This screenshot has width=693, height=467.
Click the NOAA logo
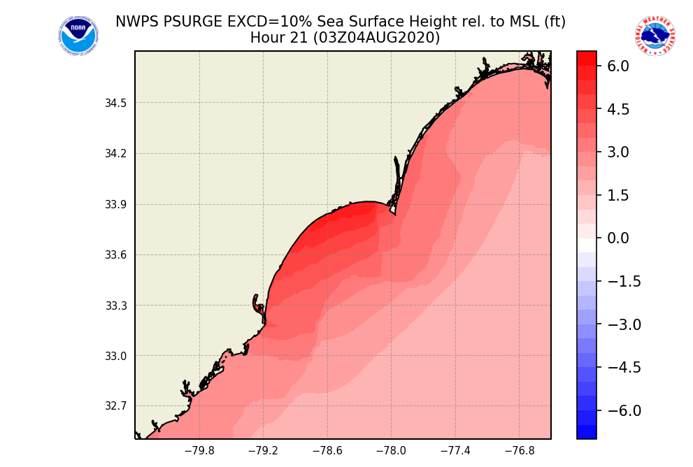click(x=78, y=36)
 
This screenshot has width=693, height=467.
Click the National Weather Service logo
click(x=655, y=36)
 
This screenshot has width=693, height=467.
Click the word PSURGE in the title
click(x=193, y=22)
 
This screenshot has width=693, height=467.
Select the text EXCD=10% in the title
click(x=262, y=22)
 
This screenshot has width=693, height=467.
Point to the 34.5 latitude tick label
click(x=116, y=103)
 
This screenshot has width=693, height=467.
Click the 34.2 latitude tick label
click(x=116, y=154)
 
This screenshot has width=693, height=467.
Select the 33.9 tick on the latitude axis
click(x=116, y=205)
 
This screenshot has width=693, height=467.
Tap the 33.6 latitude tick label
click(x=116, y=255)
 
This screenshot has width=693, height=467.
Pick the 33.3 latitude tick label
click(x=116, y=306)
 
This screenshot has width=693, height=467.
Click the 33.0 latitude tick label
click(x=116, y=356)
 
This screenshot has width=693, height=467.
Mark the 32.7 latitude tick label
click(x=116, y=406)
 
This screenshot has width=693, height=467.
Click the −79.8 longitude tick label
click(x=199, y=451)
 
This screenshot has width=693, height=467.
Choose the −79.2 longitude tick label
click(x=263, y=451)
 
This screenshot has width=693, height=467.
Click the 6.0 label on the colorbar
click(x=618, y=66)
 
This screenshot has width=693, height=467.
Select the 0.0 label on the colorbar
click(x=618, y=238)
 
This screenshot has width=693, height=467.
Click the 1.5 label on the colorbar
click(x=618, y=196)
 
